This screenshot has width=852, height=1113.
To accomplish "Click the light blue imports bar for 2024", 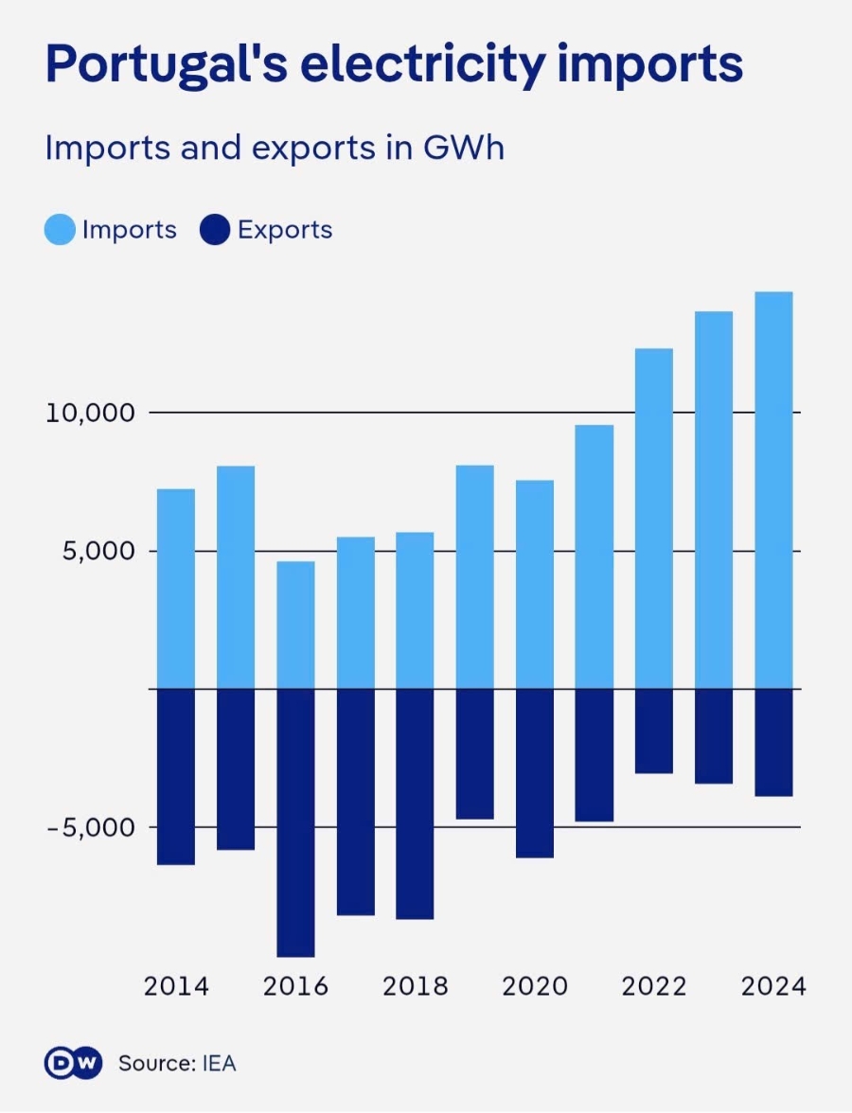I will click(773, 490).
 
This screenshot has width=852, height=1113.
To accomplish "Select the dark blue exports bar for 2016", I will click(295, 822).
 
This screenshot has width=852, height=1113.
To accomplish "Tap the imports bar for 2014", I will click(175, 589).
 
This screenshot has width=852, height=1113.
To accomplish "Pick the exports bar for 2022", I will click(653, 731).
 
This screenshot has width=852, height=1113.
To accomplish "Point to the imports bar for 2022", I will click(653, 519).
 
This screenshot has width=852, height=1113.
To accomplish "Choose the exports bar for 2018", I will click(415, 804).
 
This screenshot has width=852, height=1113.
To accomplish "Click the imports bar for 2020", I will click(534, 585).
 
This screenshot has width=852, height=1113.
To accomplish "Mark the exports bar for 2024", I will click(773, 742).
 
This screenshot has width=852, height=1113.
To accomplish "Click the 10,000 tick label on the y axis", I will click(91, 414).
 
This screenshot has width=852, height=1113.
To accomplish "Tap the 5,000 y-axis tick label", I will click(98, 552).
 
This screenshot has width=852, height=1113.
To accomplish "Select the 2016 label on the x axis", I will click(295, 986).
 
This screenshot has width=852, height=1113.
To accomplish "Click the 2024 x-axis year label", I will click(773, 986).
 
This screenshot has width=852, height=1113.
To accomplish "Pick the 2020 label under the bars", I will click(534, 986).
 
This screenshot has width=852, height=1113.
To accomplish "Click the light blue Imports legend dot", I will click(60, 230).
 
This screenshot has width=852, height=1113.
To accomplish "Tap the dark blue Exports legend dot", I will click(216, 230).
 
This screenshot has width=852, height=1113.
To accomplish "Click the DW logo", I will click(73, 1064).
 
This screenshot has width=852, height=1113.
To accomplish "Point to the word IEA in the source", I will click(219, 1064).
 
